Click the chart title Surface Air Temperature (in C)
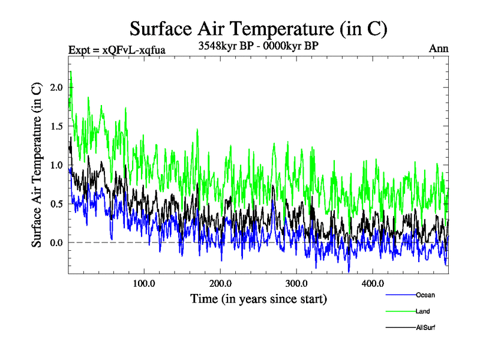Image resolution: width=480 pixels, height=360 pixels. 259,29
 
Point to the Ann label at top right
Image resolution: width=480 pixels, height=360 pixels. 439,49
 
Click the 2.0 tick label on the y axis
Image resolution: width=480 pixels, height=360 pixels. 57,88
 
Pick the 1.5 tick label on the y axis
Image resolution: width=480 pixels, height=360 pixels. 57,127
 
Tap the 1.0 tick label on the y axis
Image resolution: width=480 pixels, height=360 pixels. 57,165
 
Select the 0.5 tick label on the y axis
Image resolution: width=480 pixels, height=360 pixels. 57,204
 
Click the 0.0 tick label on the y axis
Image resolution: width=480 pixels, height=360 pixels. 57,242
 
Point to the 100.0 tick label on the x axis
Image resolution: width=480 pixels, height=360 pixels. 144,283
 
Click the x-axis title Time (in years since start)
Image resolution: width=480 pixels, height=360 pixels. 259,298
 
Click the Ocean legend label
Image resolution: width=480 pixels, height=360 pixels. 425,295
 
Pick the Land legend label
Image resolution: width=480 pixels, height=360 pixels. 422,311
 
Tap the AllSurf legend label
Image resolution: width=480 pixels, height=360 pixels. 425,328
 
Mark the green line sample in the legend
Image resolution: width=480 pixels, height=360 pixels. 400,311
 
